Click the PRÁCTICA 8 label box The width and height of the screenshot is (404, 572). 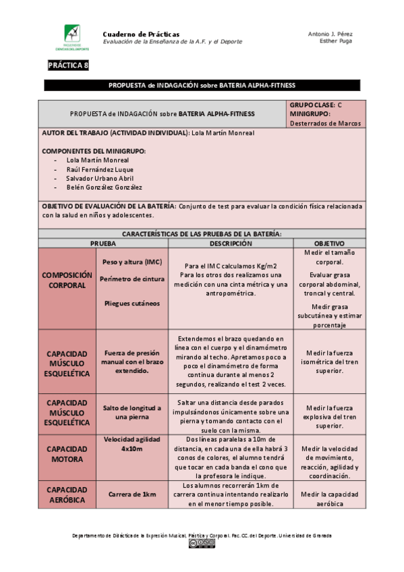(x=67, y=65)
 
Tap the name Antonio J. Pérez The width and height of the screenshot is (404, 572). (x=330, y=34)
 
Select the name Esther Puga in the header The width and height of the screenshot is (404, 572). (x=335, y=41)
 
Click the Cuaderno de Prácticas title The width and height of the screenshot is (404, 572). (x=141, y=34)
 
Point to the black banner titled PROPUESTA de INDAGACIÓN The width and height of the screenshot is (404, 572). (x=202, y=85)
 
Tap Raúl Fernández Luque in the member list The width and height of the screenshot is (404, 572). (x=100, y=169)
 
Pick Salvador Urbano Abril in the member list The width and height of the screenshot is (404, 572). (x=100, y=178)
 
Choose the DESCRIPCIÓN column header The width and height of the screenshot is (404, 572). (x=231, y=243)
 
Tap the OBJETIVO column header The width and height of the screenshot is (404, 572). (x=330, y=243)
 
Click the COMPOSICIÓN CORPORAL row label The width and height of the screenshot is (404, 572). (x=67, y=281)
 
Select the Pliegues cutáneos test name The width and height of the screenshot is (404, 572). (x=132, y=303)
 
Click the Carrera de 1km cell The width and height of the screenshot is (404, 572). (x=132, y=494)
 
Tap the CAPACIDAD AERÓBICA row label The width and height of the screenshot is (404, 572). (x=67, y=494)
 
